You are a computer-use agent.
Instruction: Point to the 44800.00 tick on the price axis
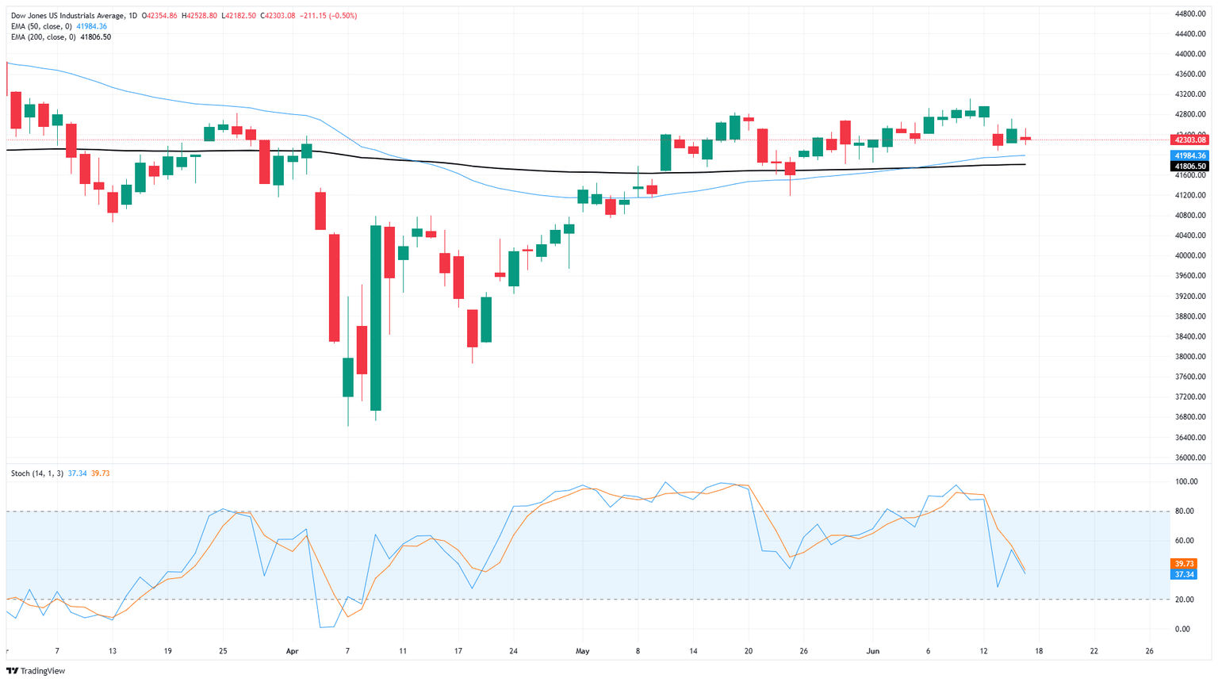tap(1191, 13)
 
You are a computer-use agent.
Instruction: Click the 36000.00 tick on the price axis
tap(1191, 458)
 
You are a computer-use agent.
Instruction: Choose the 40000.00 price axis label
tap(1191, 255)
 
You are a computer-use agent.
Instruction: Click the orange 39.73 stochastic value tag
tap(1184, 564)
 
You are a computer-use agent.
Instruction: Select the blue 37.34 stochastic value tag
tap(1184, 574)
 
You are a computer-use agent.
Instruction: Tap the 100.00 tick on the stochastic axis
tap(1187, 481)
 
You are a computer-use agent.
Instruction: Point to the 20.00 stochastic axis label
tap(1185, 600)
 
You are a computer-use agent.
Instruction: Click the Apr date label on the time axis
tap(293, 651)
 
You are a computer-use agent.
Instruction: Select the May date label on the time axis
tap(583, 651)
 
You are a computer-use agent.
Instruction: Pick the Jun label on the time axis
tap(873, 651)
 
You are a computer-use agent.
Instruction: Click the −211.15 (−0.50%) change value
tap(327, 16)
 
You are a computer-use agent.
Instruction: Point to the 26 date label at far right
tap(1149, 651)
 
